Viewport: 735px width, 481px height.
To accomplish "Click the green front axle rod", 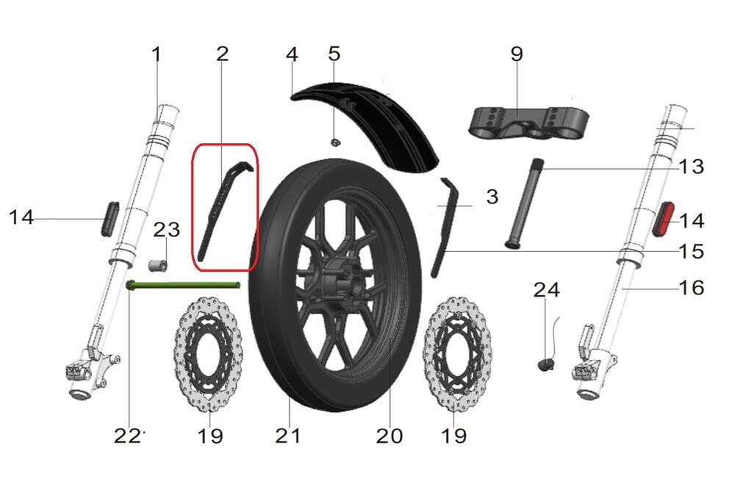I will pos(184,286).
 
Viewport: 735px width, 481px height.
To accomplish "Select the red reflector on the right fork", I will pos(664,219).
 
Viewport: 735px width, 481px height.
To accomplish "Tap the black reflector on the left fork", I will pos(109,217).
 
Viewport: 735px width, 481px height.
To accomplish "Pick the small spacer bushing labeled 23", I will pos(157,264).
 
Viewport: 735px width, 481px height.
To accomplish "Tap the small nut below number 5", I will pos(334,141).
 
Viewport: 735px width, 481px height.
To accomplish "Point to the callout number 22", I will pos(128,435).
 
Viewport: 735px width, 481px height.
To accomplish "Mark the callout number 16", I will pos(691,287).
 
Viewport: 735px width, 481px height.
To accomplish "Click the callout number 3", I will pos(492,197).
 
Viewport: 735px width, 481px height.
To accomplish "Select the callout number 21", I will pos(288,435).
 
